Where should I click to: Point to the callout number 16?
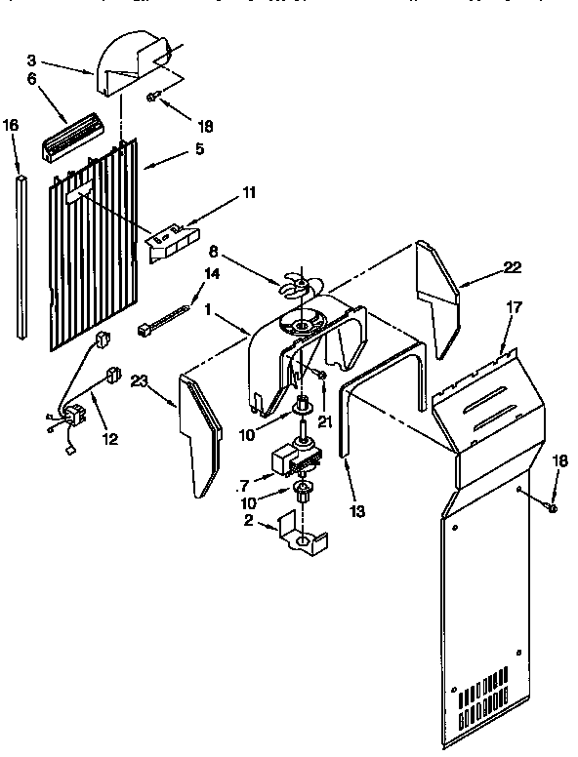coord(11,125)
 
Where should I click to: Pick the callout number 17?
coord(514,307)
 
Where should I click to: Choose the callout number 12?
coord(109,439)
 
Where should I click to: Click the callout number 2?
coord(248,522)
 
